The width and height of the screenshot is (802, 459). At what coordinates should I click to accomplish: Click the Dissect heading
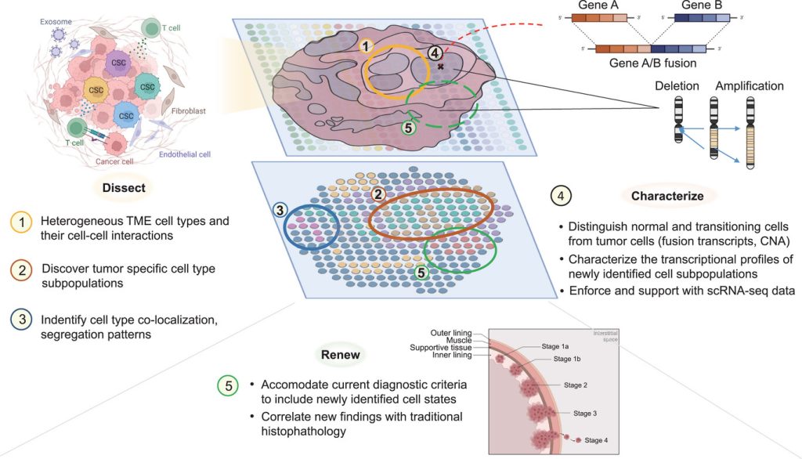click(123, 188)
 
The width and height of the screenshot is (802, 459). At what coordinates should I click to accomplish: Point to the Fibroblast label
click(188, 111)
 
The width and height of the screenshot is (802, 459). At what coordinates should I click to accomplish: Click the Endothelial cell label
click(185, 154)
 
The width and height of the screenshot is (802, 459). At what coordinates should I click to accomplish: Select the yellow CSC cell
click(96, 90)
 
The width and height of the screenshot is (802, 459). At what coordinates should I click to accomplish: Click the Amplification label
click(749, 85)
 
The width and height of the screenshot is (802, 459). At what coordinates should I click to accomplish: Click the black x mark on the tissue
click(440, 68)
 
